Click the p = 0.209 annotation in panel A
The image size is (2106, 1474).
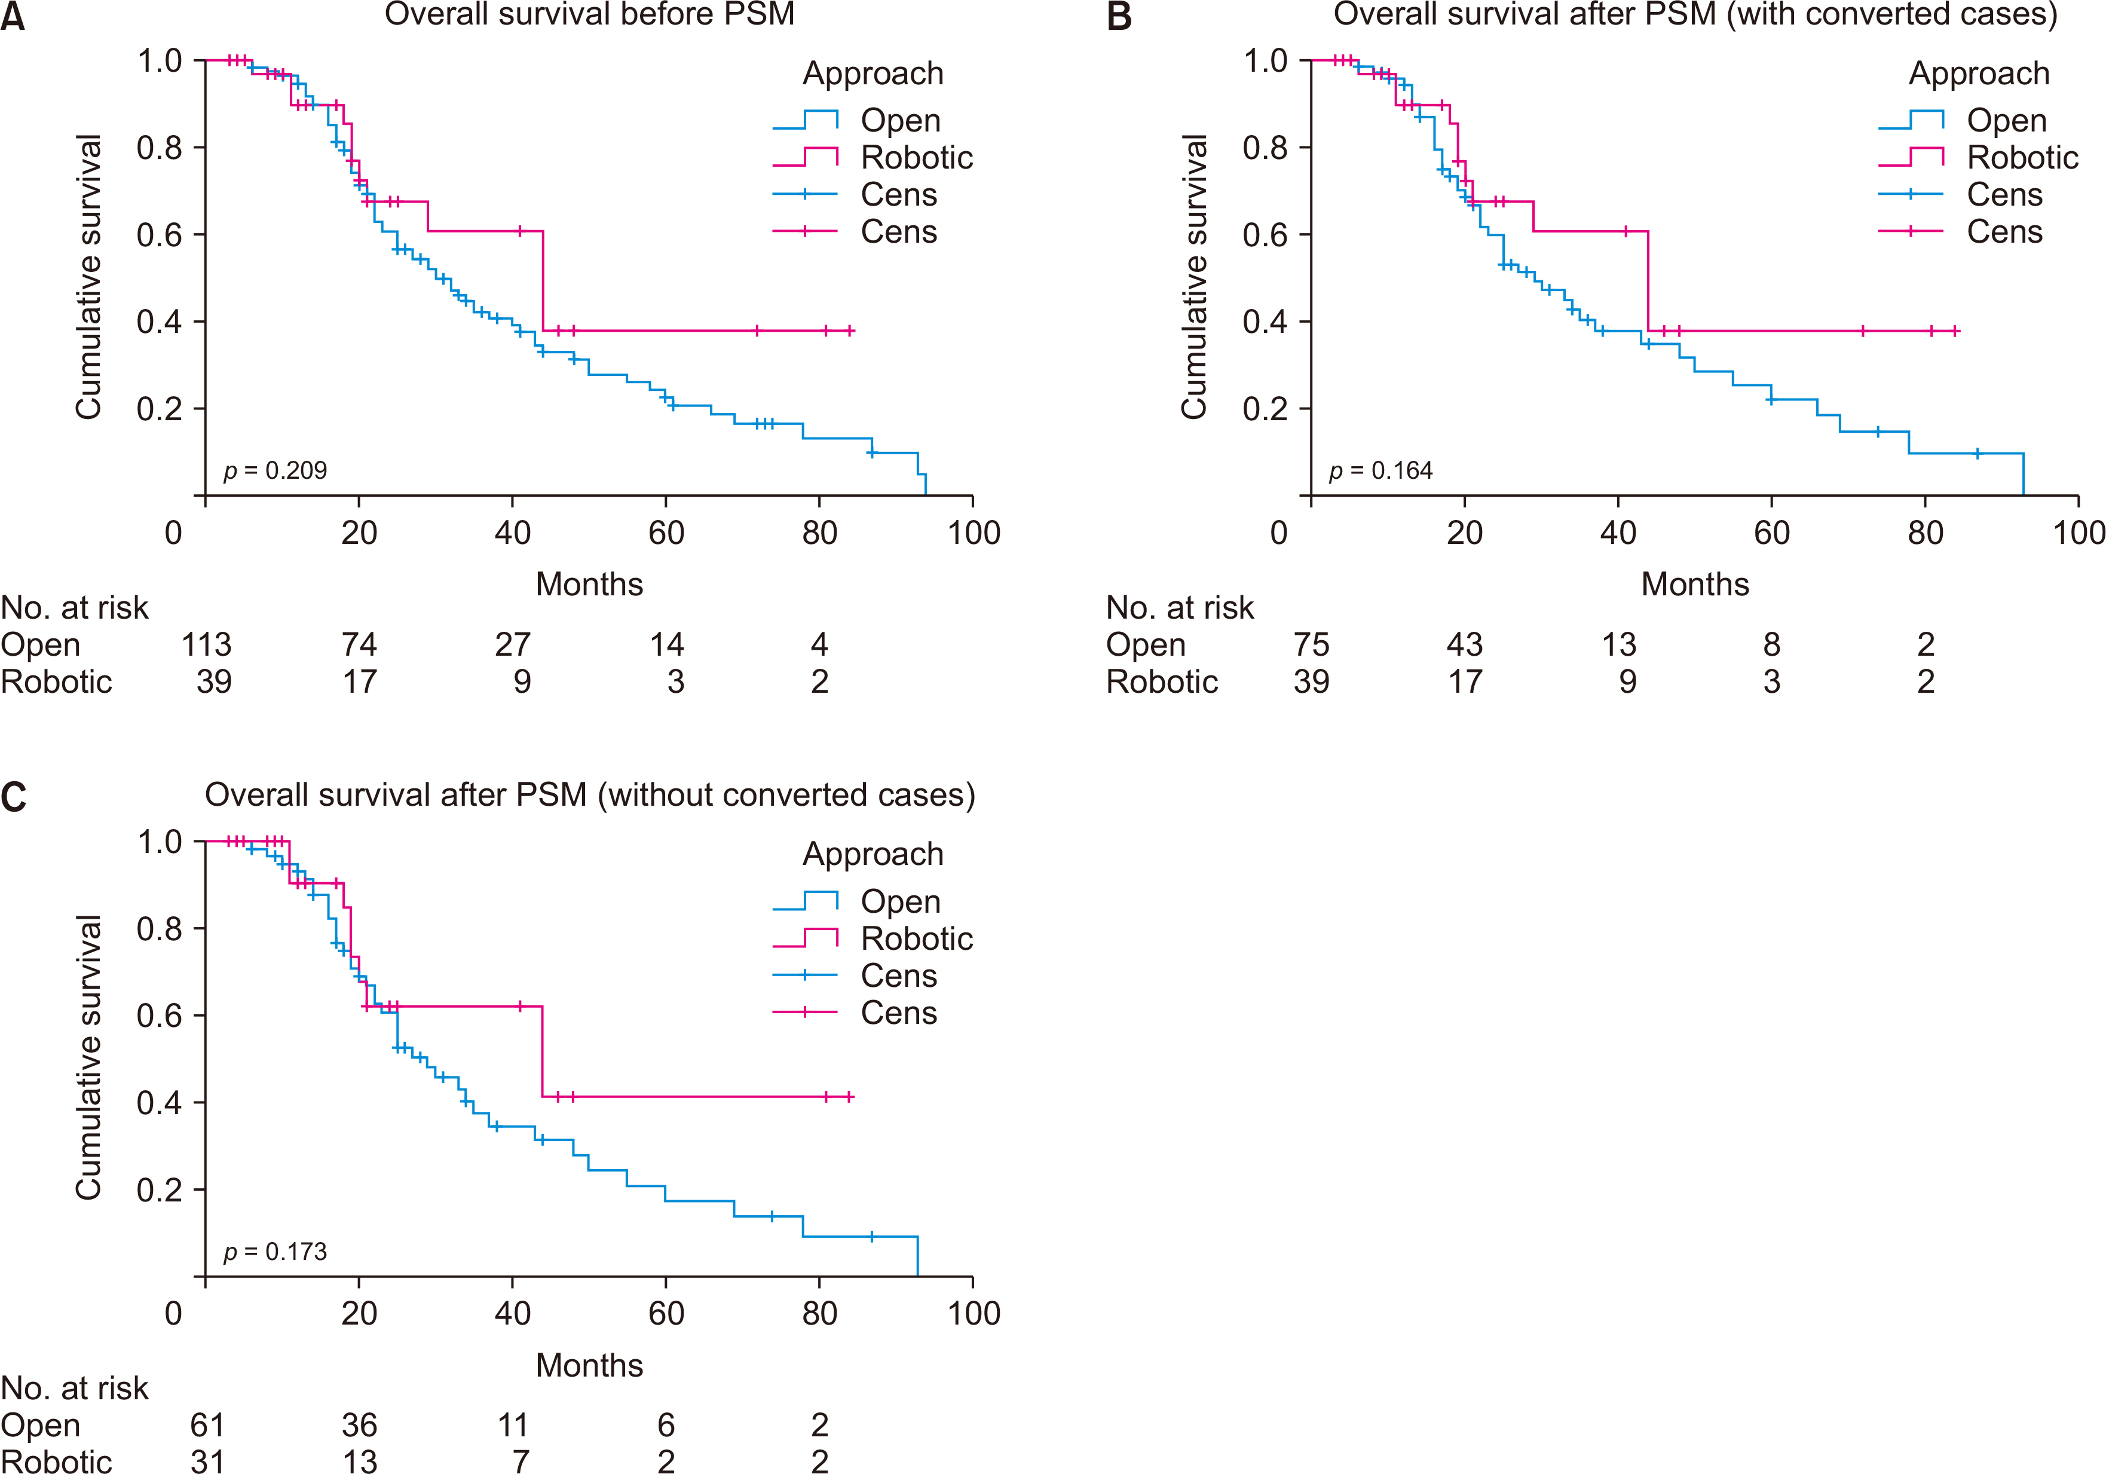pos(275,470)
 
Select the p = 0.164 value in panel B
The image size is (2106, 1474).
pos(1380,470)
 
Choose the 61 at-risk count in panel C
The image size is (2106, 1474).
pos(207,1426)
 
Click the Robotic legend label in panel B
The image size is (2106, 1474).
pos(2022,158)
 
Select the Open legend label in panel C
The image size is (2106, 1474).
pos(900,901)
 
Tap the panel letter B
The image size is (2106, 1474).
pos(1119,17)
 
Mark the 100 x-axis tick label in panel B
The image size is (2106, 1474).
pos(2077,533)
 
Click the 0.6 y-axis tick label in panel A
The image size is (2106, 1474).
pos(159,235)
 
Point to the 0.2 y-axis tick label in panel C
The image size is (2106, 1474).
pos(159,1189)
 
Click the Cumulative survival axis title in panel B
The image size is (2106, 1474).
pos(1193,277)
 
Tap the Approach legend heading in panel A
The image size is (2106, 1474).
pos(873,74)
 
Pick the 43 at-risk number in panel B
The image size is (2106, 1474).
pos(1464,645)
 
